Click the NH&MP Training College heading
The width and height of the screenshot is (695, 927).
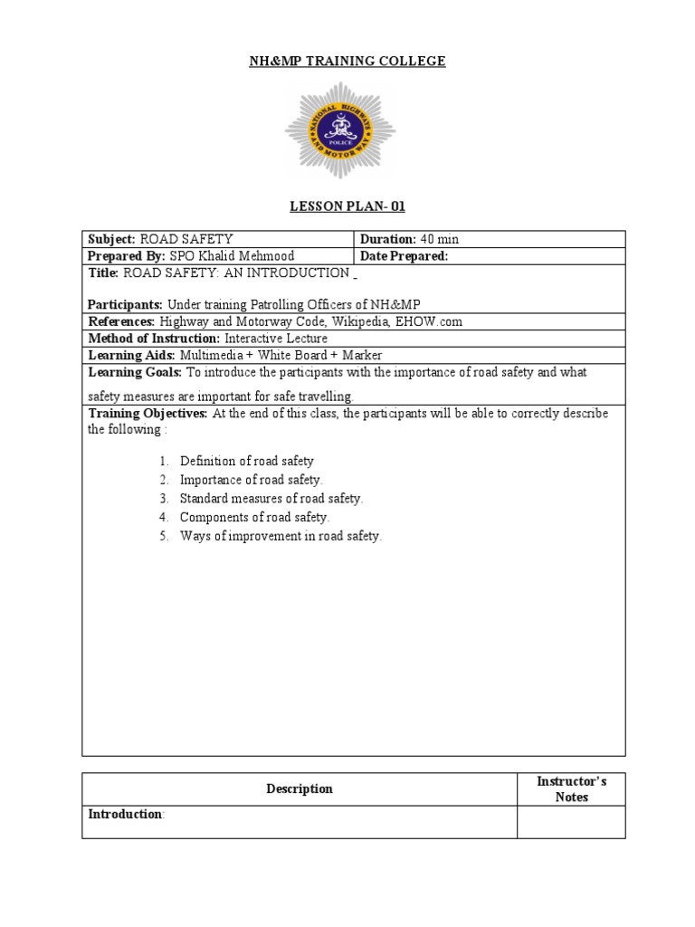click(x=347, y=62)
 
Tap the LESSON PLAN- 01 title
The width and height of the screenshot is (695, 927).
click(x=347, y=206)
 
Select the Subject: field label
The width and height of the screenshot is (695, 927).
click(x=111, y=240)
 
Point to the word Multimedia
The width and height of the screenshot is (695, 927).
click(x=212, y=355)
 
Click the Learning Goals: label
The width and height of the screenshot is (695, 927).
click(x=135, y=372)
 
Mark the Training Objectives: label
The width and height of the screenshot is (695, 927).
click(x=148, y=414)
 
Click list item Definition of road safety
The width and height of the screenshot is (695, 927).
click(x=246, y=461)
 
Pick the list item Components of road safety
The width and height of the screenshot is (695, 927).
click(x=254, y=517)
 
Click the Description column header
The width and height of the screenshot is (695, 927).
click(x=300, y=788)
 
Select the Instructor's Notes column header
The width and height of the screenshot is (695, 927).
click(x=571, y=788)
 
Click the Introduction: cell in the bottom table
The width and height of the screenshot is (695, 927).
click(x=126, y=815)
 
